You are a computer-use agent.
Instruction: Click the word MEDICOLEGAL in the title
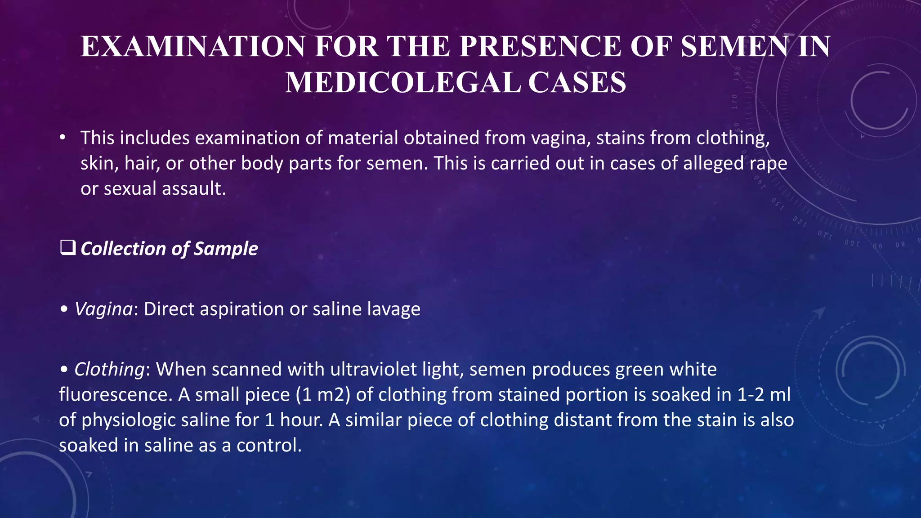point(403,83)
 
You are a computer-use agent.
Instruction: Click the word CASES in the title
point(577,83)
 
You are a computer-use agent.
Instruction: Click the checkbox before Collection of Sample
point(67,248)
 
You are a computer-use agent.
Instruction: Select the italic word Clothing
point(109,369)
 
